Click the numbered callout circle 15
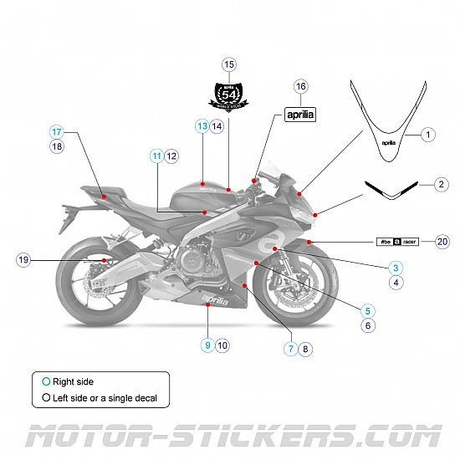pos(229,64)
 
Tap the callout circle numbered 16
pos(301,86)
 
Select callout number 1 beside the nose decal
pos(427,134)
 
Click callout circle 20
pos(442,242)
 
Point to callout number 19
pos(23,260)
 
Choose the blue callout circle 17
pos(57,132)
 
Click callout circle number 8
pos(305,350)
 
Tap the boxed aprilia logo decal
pos(301,115)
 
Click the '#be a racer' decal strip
pos(397,242)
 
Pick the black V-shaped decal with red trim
pos(391,190)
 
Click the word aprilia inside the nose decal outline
pos(389,142)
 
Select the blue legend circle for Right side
pos(47,382)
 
